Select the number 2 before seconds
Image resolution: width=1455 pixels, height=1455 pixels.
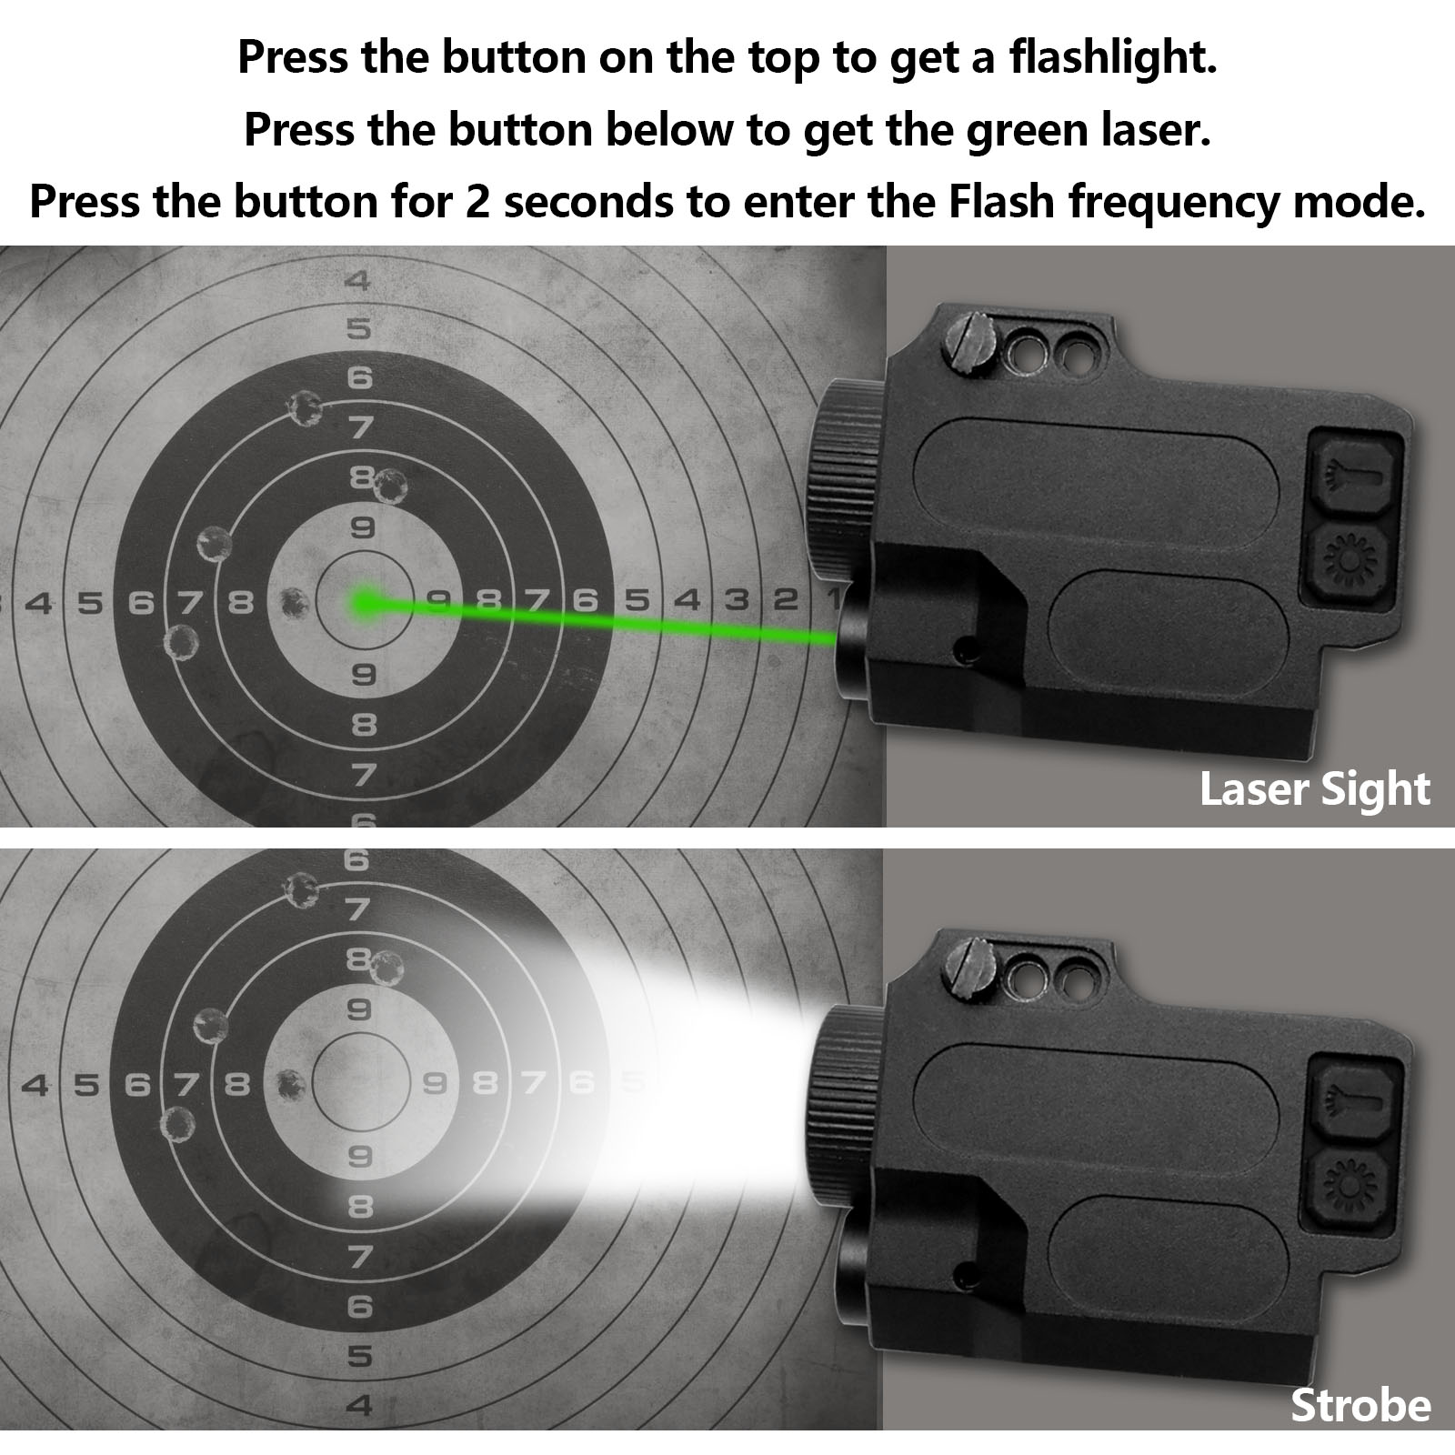(478, 201)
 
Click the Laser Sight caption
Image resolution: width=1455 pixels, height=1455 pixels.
(1315, 788)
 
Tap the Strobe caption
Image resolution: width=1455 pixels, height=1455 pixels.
(1360, 1406)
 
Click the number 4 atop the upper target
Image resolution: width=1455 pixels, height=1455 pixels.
(359, 279)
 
